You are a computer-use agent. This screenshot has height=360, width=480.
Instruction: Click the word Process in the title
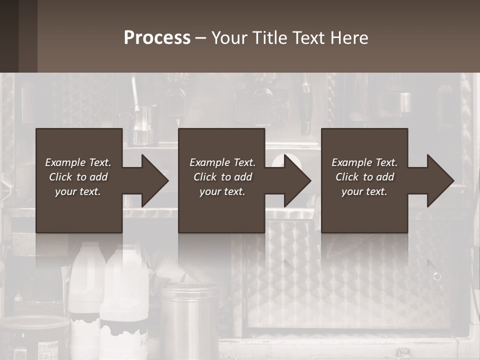157,38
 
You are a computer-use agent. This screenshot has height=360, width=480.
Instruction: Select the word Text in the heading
309,38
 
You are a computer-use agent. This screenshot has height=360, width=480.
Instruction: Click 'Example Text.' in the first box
78,162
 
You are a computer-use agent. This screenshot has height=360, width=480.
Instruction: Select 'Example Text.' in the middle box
222,162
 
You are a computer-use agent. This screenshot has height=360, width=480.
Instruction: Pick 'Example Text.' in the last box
364,162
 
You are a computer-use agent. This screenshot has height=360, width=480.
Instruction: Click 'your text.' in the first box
78,191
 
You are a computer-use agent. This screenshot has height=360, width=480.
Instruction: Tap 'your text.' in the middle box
222,191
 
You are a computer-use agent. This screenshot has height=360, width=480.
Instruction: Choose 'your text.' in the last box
364,191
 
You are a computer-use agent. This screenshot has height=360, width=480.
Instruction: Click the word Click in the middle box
205,177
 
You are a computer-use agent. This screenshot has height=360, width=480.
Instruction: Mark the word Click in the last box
347,177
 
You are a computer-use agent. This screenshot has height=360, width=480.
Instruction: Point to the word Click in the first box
60,177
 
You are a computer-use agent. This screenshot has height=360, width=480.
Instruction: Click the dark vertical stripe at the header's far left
9,36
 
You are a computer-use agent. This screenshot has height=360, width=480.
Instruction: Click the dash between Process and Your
201,38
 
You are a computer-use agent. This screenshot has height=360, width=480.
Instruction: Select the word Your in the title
229,38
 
